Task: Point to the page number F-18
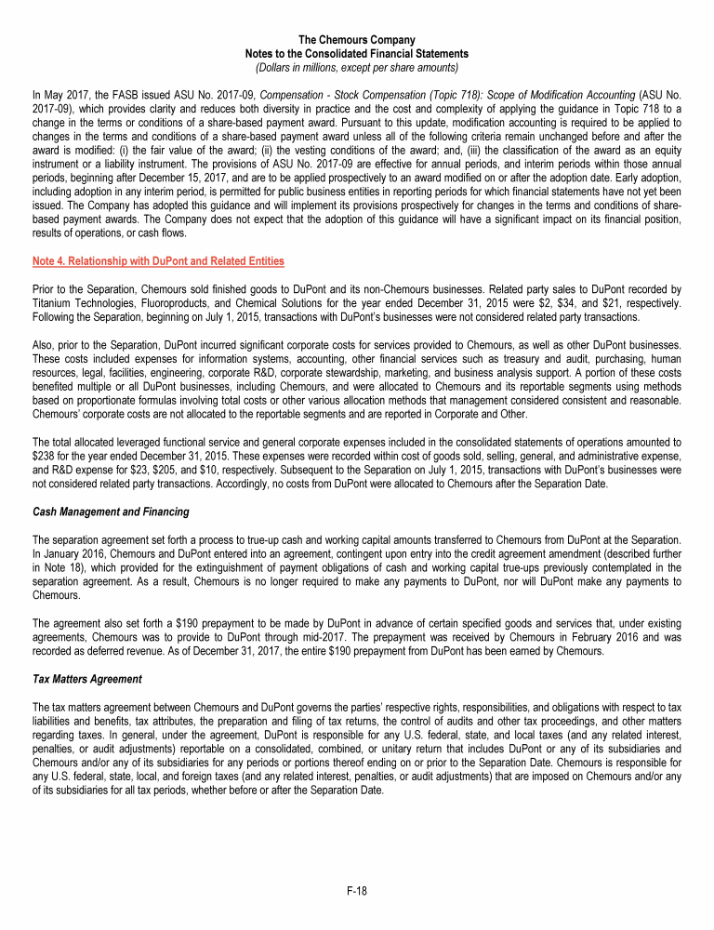pyautogui.click(x=357, y=891)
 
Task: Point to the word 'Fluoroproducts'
pyautogui.click(x=182, y=302)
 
